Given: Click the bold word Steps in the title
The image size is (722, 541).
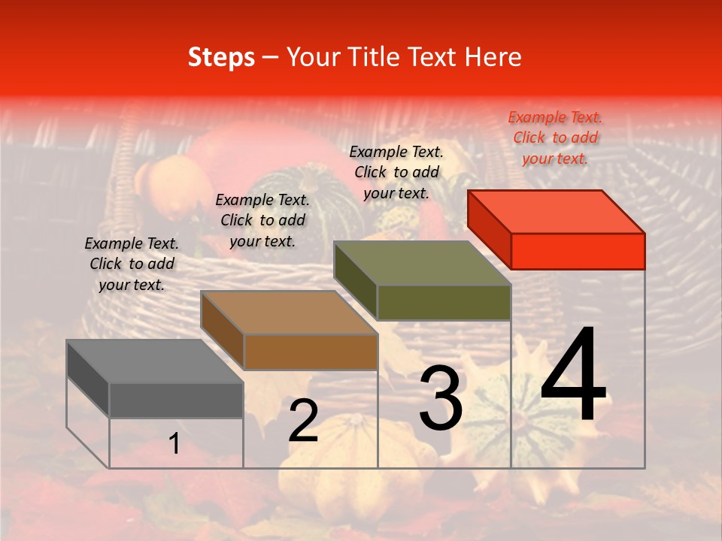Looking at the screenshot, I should [221, 57].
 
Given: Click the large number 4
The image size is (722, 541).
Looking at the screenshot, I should [573, 376].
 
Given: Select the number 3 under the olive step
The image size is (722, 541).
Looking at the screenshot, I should [441, 398].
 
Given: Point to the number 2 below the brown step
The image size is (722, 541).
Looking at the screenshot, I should [303, 421].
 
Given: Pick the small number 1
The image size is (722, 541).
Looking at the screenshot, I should [174, 444].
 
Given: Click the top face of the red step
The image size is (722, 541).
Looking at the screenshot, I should [557, 211].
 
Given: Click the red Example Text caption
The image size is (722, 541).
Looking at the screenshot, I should [555, 138].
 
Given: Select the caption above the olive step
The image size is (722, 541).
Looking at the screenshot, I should [396, 172].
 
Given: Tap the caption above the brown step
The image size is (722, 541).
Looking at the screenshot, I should [262, 220].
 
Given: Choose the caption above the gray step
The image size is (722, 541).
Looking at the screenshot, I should [132, 264].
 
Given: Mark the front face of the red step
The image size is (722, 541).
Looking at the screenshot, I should [578, 251].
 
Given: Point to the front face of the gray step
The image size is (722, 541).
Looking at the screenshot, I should [176, 400].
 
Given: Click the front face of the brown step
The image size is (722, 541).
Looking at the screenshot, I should [311, 352].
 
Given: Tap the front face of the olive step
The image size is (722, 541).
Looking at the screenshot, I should [444, 302].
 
